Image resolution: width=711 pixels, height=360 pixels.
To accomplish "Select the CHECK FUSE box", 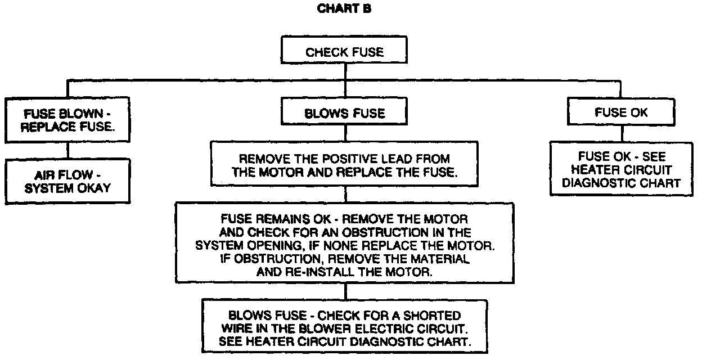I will tap(344, 52).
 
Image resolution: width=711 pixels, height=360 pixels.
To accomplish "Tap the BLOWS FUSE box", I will tap(344, 113).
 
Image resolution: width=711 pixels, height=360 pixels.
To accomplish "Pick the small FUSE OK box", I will tap(621, 112).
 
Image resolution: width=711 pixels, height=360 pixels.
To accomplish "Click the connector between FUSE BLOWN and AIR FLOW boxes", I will tap(68, 150).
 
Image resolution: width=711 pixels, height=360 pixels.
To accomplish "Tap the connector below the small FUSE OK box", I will tap(621, 133).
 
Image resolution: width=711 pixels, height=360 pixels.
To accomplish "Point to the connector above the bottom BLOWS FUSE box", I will tap(344, 292).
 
